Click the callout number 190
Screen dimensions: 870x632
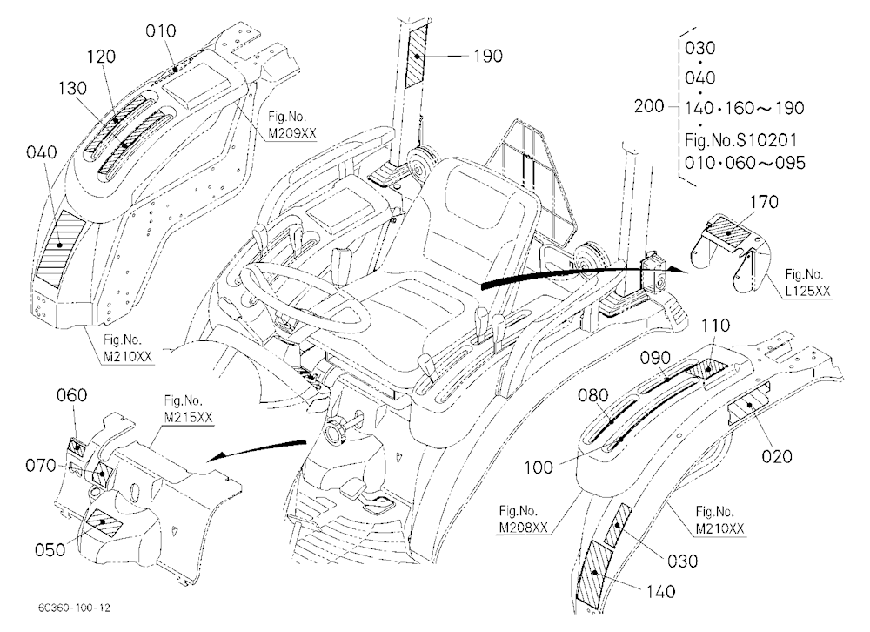coord(488,56)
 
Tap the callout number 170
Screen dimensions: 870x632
coord(764,202)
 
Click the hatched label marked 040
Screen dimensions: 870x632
coord(60,248)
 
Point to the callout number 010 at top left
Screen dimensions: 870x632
coord(161,31)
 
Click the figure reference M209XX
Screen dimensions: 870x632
coord(287,134)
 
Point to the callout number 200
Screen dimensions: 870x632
coord(649,105)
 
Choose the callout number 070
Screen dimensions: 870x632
coord(41,466)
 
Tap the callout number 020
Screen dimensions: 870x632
coord(777,456)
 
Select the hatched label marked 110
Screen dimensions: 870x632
coord(708,367)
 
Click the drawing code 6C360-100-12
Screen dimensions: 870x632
coord(74,608)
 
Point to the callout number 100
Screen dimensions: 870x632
coord(539,467)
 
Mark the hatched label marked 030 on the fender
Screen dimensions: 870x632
coord(618,525)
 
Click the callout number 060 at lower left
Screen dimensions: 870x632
coord(72,395)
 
